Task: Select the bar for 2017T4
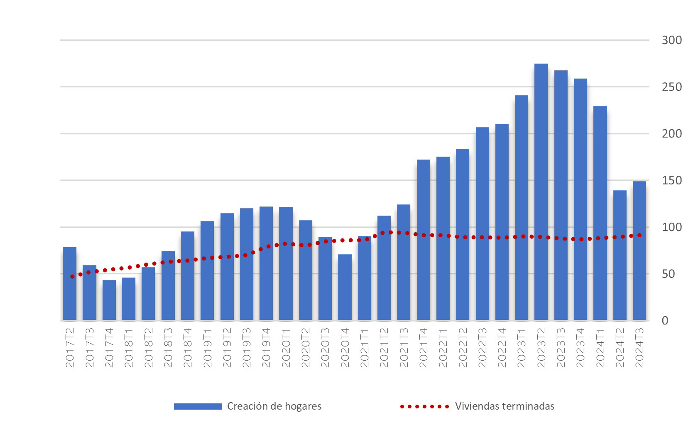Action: click(109, 300)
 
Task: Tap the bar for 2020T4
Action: click(345, 287)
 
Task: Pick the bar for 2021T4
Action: click(423, 240)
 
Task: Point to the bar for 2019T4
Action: click(266, 263)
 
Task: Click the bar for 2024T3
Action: click(639, 251)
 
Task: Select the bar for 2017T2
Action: click(70, 283)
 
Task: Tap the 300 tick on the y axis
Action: click(671, 40)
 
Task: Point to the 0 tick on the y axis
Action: click(665, 321)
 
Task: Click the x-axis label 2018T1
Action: click(129, 348)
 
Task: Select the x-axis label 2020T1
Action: click(286, 348)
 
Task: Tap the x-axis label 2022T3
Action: click(482, 348)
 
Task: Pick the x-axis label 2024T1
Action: click(600, 348)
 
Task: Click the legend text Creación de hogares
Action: click(274, 406)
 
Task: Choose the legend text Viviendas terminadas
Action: click(504, 406)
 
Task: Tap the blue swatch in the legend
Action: click(198, 406)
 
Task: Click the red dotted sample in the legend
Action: click(424, 406)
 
